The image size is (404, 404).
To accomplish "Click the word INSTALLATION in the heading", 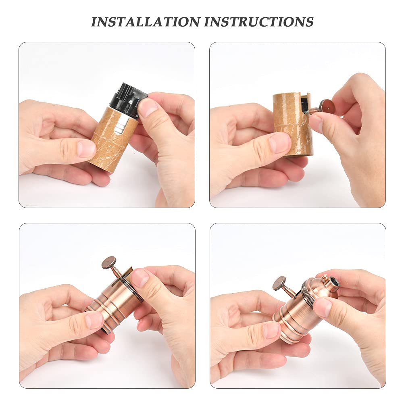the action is [x=146, y=22].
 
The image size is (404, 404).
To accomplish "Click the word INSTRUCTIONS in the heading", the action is [x=259, y=22].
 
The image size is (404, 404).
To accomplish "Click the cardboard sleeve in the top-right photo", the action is [x=293, y=124].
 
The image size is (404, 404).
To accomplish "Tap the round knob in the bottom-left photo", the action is [x=110, y=263].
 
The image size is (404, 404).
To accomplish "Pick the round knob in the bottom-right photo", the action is [x=280, y=283].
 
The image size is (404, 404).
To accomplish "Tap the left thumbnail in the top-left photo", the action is [x=86, y=149].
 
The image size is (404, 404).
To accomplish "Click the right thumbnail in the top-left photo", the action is [x=147, y=108].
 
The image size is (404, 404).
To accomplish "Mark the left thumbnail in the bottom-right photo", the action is [x=271, y=330].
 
